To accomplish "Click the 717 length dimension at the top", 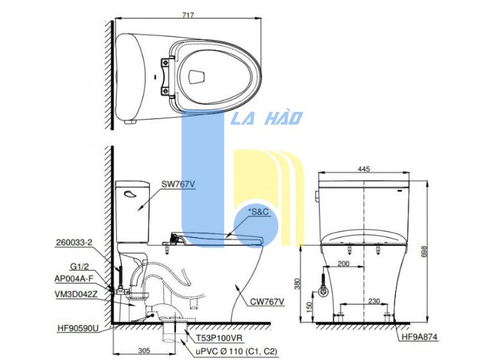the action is point(188,14).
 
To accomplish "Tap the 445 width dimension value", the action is point(364,169).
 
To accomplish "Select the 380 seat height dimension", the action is point(298,283).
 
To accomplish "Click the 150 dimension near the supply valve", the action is point(309,306).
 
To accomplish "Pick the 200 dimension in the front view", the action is point(343,264).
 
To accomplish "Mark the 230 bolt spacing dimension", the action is point(374,301).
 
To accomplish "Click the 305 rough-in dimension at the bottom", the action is point(144,350).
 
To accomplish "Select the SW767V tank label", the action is point(178,184).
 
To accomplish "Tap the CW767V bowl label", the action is point(267,302).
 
